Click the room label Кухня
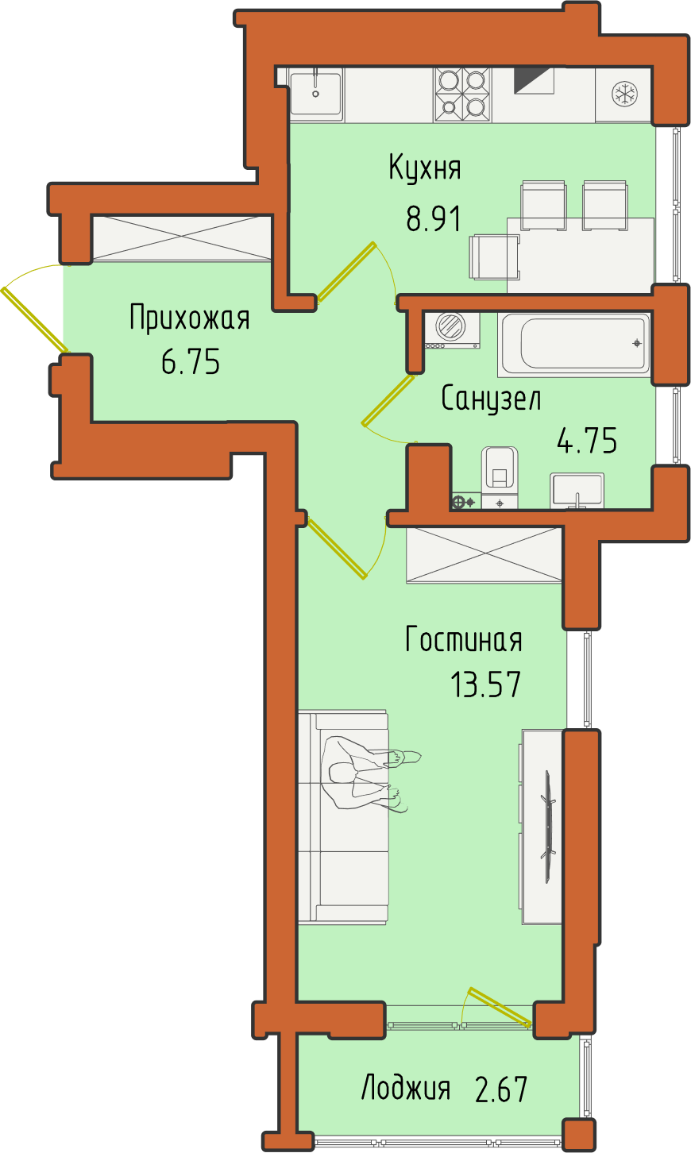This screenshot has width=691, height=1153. click(425, 168)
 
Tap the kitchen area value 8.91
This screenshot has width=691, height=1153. click(433, 218)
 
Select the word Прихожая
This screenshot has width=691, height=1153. click(190, 319)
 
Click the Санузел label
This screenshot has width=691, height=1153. click(491, 399)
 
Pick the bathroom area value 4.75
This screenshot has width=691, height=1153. click(587, 441)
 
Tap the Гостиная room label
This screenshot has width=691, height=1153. click(464, 639)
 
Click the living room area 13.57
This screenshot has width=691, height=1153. click(486, 684)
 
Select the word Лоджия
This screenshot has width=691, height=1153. click(406, 1088)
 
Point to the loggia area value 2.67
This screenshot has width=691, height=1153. click(501, 1089)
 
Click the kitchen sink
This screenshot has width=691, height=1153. click(315, 93)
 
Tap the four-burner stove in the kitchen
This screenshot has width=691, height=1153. click(463, 95)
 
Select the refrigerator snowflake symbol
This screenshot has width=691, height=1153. click(624, 94)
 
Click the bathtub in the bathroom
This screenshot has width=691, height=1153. click(573, 343)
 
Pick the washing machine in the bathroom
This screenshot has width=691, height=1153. click(452, 330)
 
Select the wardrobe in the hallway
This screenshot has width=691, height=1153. click(182, 238)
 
